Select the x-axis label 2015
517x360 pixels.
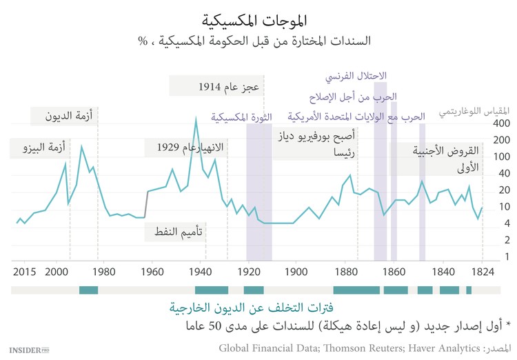24,272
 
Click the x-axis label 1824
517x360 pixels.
483,272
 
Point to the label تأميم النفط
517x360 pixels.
176,232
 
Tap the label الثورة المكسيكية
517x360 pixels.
241,117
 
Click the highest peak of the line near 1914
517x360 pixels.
196,119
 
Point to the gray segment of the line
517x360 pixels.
146,205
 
